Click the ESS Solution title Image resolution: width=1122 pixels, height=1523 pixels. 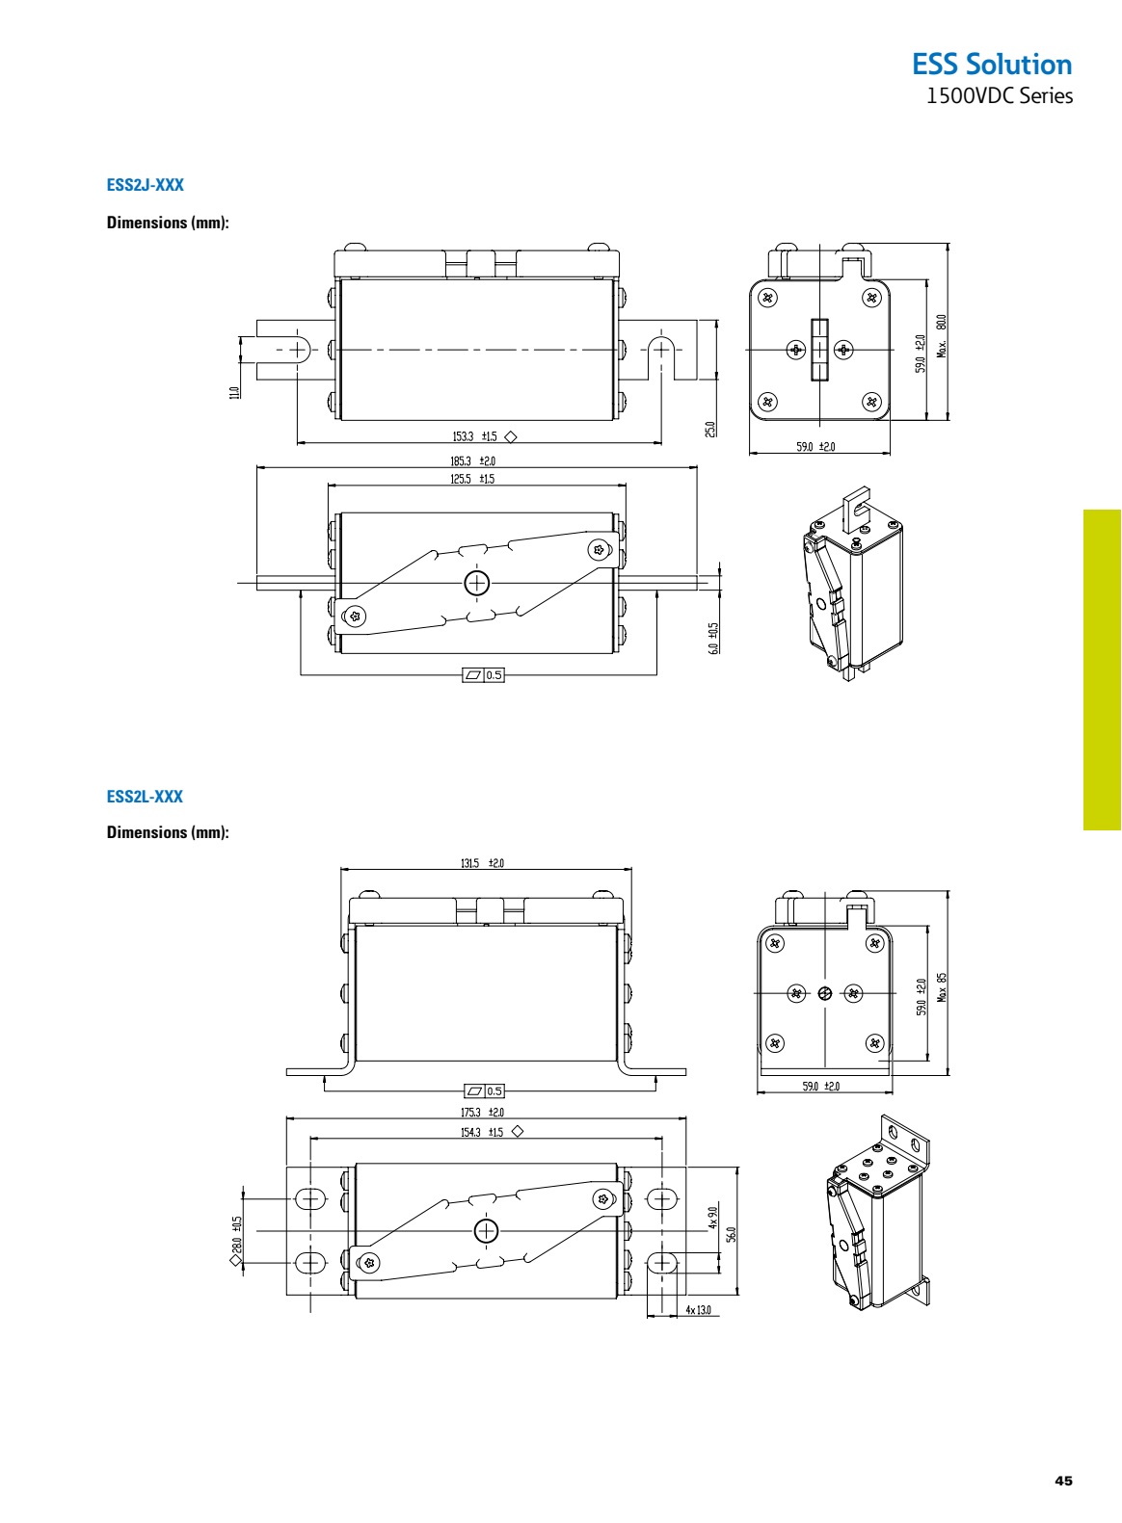tap(992, 65)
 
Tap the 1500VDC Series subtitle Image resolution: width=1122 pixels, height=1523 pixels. tap(999, 96)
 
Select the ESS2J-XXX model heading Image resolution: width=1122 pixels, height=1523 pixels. tap(145, 184)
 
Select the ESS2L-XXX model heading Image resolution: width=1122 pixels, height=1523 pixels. tap(145, 797)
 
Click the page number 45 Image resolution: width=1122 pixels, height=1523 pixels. tap(1063, 1481)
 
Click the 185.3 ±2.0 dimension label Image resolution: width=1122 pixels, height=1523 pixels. tap(472, 461)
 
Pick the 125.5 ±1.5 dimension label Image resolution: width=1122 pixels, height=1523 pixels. tap(472, 479)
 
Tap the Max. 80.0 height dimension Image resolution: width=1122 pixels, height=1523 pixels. tap(942, 334)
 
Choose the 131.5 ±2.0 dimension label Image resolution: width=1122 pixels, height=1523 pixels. tap(482, 863)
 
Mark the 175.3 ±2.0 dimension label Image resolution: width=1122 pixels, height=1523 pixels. tap(482, 1113)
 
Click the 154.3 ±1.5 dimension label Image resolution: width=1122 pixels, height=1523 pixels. tap(482, 1132)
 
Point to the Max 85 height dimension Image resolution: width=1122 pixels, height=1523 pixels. tap(943, 985)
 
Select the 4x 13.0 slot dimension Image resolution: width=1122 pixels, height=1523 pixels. tap(698, 1310)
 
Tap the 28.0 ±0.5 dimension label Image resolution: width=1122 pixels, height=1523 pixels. tap(237, 1237)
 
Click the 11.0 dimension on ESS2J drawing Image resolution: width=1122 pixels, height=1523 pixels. tap(234, 392)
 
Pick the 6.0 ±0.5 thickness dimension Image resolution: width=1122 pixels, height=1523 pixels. tap(713, 638)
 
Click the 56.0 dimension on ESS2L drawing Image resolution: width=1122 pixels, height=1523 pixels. tap(732, 1235)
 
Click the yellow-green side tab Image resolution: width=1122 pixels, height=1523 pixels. tap(1102, 670)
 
